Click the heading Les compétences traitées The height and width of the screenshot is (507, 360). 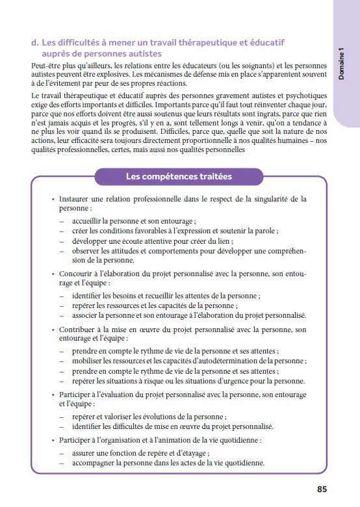pyautogui.click(x=178, y=176)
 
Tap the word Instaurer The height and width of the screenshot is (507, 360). pyautogui.click(x=77, y=199)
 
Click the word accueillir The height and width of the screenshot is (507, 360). pyautogui.click(x=91, y=221)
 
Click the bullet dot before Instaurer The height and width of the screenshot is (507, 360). pyautogui.click(x=53, y=199)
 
